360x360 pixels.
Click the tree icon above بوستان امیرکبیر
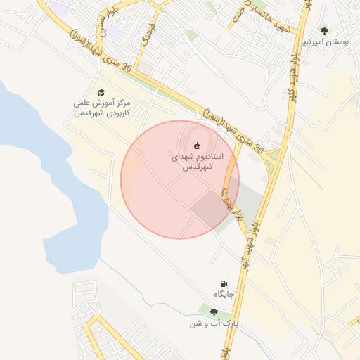coord(324,31)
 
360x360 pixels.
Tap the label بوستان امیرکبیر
coord(324,42)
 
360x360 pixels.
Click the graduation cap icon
coord(101,92)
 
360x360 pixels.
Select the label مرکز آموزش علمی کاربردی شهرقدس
coord(101,108)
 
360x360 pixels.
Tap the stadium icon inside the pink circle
coord(196,146)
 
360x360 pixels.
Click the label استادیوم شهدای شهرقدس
coord(197,162)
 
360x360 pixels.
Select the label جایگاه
coord(224,293)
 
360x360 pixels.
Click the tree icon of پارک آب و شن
coord(214,312)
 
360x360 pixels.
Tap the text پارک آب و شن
coord(214,324)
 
